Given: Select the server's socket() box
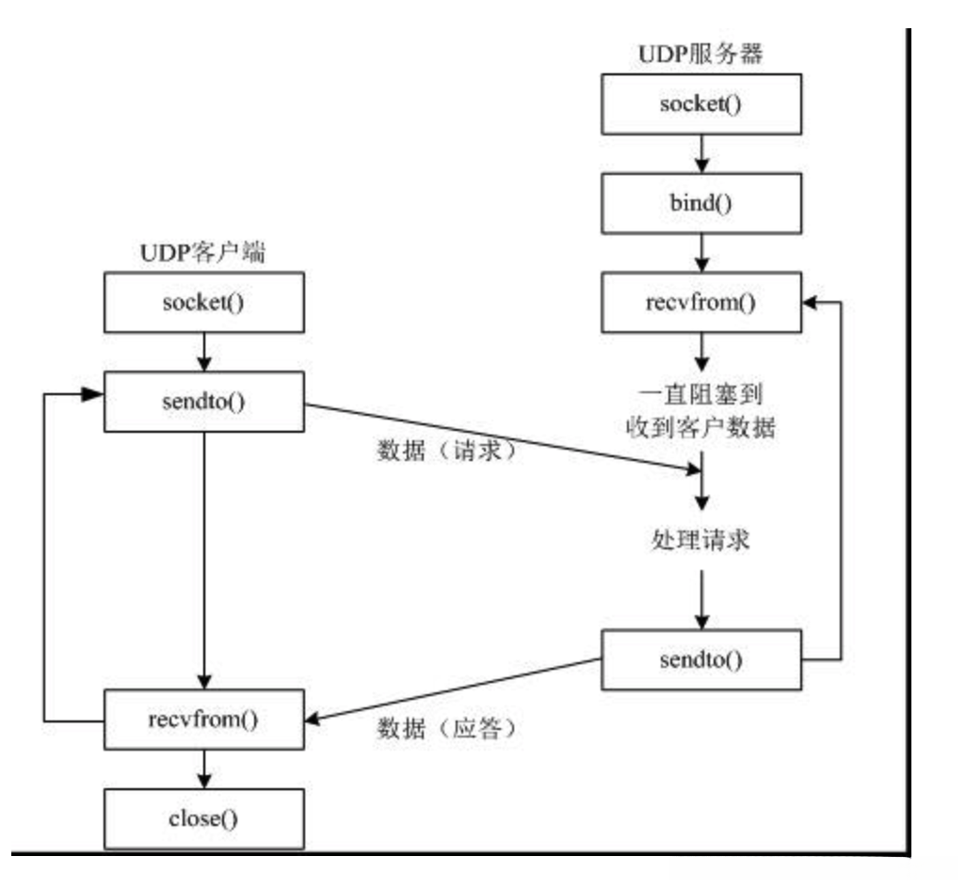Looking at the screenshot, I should [700, 103].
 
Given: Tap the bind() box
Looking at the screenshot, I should [700, 203].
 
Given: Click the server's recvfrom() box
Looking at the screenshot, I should [700, 304].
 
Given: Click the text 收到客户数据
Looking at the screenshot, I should [700, 427].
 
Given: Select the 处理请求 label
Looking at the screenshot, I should [700, 543].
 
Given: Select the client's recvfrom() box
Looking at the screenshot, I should [204, 721].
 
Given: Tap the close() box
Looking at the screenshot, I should [204, 817].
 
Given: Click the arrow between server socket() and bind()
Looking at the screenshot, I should [700, 153].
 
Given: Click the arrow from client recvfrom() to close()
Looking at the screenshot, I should [204, 769].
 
